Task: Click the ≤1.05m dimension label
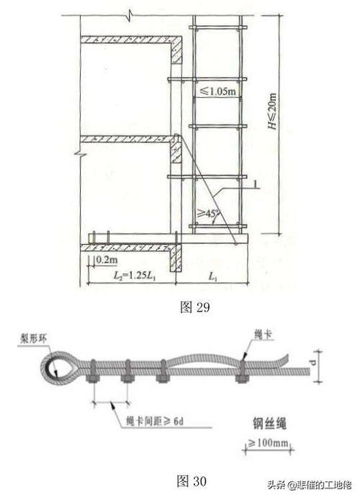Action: pyautogui.click(x=217, y=91)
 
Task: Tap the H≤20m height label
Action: pyautogui.click(x=272, y=111)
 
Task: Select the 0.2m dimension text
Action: pyautogui.click(x=107, y=260)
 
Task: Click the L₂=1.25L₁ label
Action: pyautogui.click(x=135, y=276)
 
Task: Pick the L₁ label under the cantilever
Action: pyautogui.click(x=212, y=276)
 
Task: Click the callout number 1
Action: pyautogui.click(x=255, y=184)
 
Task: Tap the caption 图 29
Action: pyautogui.click(x=195, y=307)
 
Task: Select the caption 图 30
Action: pyautogui.click(x=192, y=481)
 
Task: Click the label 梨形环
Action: pyautogui.click(x=33, y=339)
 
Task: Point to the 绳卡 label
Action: pyautogui.click(x=264, y=334)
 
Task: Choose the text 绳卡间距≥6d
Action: pyautogui.click(x=155, y=421)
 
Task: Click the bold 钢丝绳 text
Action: pyautogui.click(x=269, y=423)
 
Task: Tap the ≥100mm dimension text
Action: pyautogui.click(x=268, y=442)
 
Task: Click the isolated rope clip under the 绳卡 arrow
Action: pyautogui.click(x=242, y=371)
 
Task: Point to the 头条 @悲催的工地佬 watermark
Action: pyautogui.click(x=310, y=485)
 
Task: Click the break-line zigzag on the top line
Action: pyautogui.click(x=129, y=15)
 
